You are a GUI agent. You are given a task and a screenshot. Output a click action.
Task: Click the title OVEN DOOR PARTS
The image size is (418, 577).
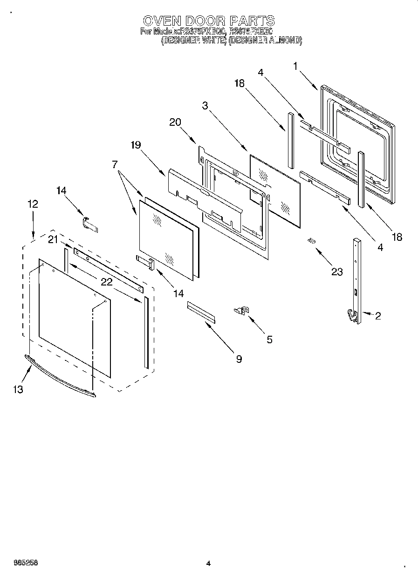208,21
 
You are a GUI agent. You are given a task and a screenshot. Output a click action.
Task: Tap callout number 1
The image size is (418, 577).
295,66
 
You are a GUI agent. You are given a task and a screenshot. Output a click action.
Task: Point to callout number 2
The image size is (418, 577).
377,316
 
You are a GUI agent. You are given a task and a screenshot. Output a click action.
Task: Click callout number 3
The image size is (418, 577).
205,106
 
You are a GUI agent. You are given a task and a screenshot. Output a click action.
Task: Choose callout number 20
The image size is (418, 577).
175,122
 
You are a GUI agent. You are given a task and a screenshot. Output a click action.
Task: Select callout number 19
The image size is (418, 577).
135,145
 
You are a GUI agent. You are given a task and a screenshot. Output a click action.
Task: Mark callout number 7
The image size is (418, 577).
115,164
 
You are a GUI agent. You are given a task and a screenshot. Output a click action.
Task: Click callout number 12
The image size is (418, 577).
33,204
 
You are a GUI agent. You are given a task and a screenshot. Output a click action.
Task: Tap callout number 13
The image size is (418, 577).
18,390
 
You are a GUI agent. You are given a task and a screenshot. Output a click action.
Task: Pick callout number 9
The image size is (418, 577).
239,359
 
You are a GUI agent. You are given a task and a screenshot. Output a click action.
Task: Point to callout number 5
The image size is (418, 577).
269,339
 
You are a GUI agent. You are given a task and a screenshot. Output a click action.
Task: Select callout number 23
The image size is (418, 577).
336,272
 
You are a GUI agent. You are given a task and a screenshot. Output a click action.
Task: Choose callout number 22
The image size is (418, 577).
107,282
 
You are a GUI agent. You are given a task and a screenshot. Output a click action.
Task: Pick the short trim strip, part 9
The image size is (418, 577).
201,312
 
